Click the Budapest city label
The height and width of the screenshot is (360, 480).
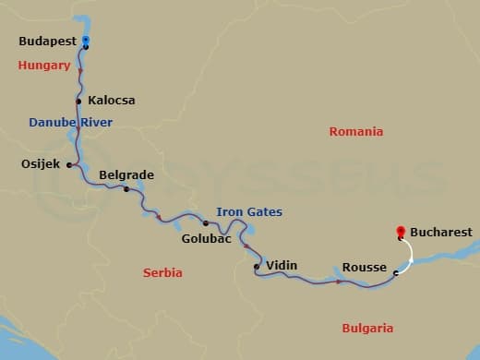[47, 42]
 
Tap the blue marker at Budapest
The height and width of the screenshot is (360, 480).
[85, 41]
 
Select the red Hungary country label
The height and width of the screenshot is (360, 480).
[43, 66]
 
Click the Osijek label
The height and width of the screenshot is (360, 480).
[40, 164]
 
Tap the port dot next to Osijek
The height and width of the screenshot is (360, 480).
[67, 163]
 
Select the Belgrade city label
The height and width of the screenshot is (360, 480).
[126, 174]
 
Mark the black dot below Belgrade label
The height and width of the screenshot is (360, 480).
[126, 189]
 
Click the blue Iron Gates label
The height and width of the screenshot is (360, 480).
[249, 211]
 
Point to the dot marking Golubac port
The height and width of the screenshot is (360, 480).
[205, 222]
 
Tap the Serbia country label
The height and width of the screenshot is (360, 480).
[162, 272]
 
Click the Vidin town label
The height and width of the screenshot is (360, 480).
[281, 265]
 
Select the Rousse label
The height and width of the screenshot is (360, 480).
[364, 267]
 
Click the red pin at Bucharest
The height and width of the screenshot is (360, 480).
[400, 232]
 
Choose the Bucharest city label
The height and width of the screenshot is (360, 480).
[440, 232]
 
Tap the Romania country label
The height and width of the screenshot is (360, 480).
[355, 132]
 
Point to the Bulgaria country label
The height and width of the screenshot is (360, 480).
[367, 328]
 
